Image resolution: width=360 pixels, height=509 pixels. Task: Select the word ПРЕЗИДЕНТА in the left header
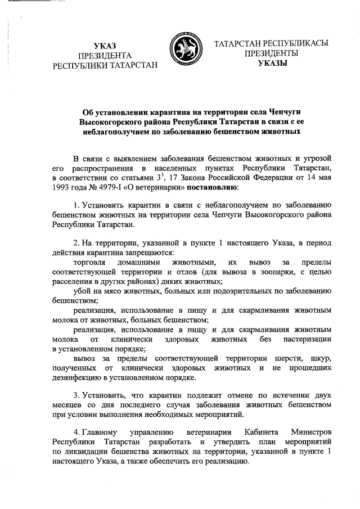[x=105, y=55]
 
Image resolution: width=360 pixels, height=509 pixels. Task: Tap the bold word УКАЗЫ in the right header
[x=272, y=64]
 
